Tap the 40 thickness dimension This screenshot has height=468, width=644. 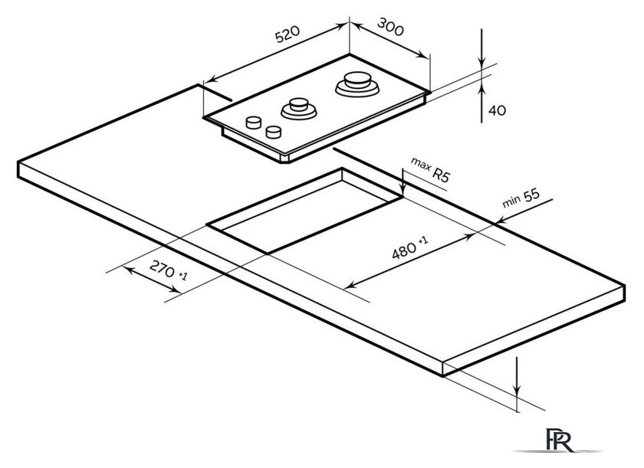[497, 110]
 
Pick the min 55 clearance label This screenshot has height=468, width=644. [521, 198]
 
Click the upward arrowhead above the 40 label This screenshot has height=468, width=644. [481, 88]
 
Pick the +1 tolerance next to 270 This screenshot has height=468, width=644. [182, 273]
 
